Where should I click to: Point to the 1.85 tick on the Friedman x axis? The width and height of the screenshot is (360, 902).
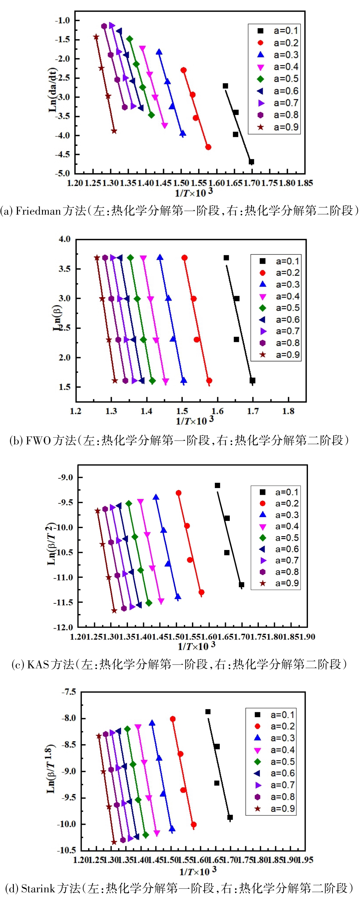(x=305, y=183)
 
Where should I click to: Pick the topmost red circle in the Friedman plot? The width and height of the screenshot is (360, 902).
(x=184, y=70)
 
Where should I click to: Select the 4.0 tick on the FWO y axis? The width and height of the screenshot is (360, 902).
(x=64, y=239)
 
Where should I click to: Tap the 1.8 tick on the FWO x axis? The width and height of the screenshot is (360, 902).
(x=288, y=411)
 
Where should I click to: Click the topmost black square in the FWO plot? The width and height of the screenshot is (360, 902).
(x=226, y=258)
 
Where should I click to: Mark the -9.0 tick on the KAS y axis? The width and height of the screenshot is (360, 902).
(x=66, y=477)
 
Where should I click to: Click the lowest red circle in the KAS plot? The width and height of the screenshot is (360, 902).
(x=201, y=592)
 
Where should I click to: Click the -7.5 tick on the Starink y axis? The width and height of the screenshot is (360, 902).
(x=69, y=692)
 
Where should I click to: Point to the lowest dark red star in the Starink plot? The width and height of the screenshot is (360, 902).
(x=114, y=842)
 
